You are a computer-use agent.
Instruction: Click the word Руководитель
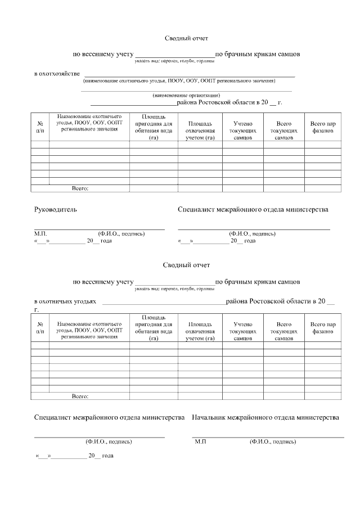(x=56, y=210)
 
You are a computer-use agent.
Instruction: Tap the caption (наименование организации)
(x=186, y=96)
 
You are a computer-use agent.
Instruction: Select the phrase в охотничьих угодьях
(x=65, y=301)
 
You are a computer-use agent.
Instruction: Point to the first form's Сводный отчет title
(x=186, y=38)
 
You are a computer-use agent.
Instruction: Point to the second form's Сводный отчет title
(x=186, y=265)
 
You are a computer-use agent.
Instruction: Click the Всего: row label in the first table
(x=80, y=188)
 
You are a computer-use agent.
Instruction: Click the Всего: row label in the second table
(x=80, y=397)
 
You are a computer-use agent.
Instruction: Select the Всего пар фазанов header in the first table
(x=323, y=127)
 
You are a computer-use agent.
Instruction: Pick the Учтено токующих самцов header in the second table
(x=242, y=332)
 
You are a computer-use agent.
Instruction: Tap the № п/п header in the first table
(x=40, y=127)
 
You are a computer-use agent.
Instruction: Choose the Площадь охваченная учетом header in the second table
(x=200, y=332)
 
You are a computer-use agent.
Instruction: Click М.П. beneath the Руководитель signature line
(x=40, y=233)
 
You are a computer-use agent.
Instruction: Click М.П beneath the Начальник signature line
(x=200, y=442)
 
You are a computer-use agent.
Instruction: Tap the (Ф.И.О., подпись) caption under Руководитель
(x=121, y=233)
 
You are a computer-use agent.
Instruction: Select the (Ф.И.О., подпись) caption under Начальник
(x=273, y=442)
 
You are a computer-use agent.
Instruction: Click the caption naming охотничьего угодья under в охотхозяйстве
(x=179, y=81)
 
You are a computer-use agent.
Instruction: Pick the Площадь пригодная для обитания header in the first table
(x=153, y=127)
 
